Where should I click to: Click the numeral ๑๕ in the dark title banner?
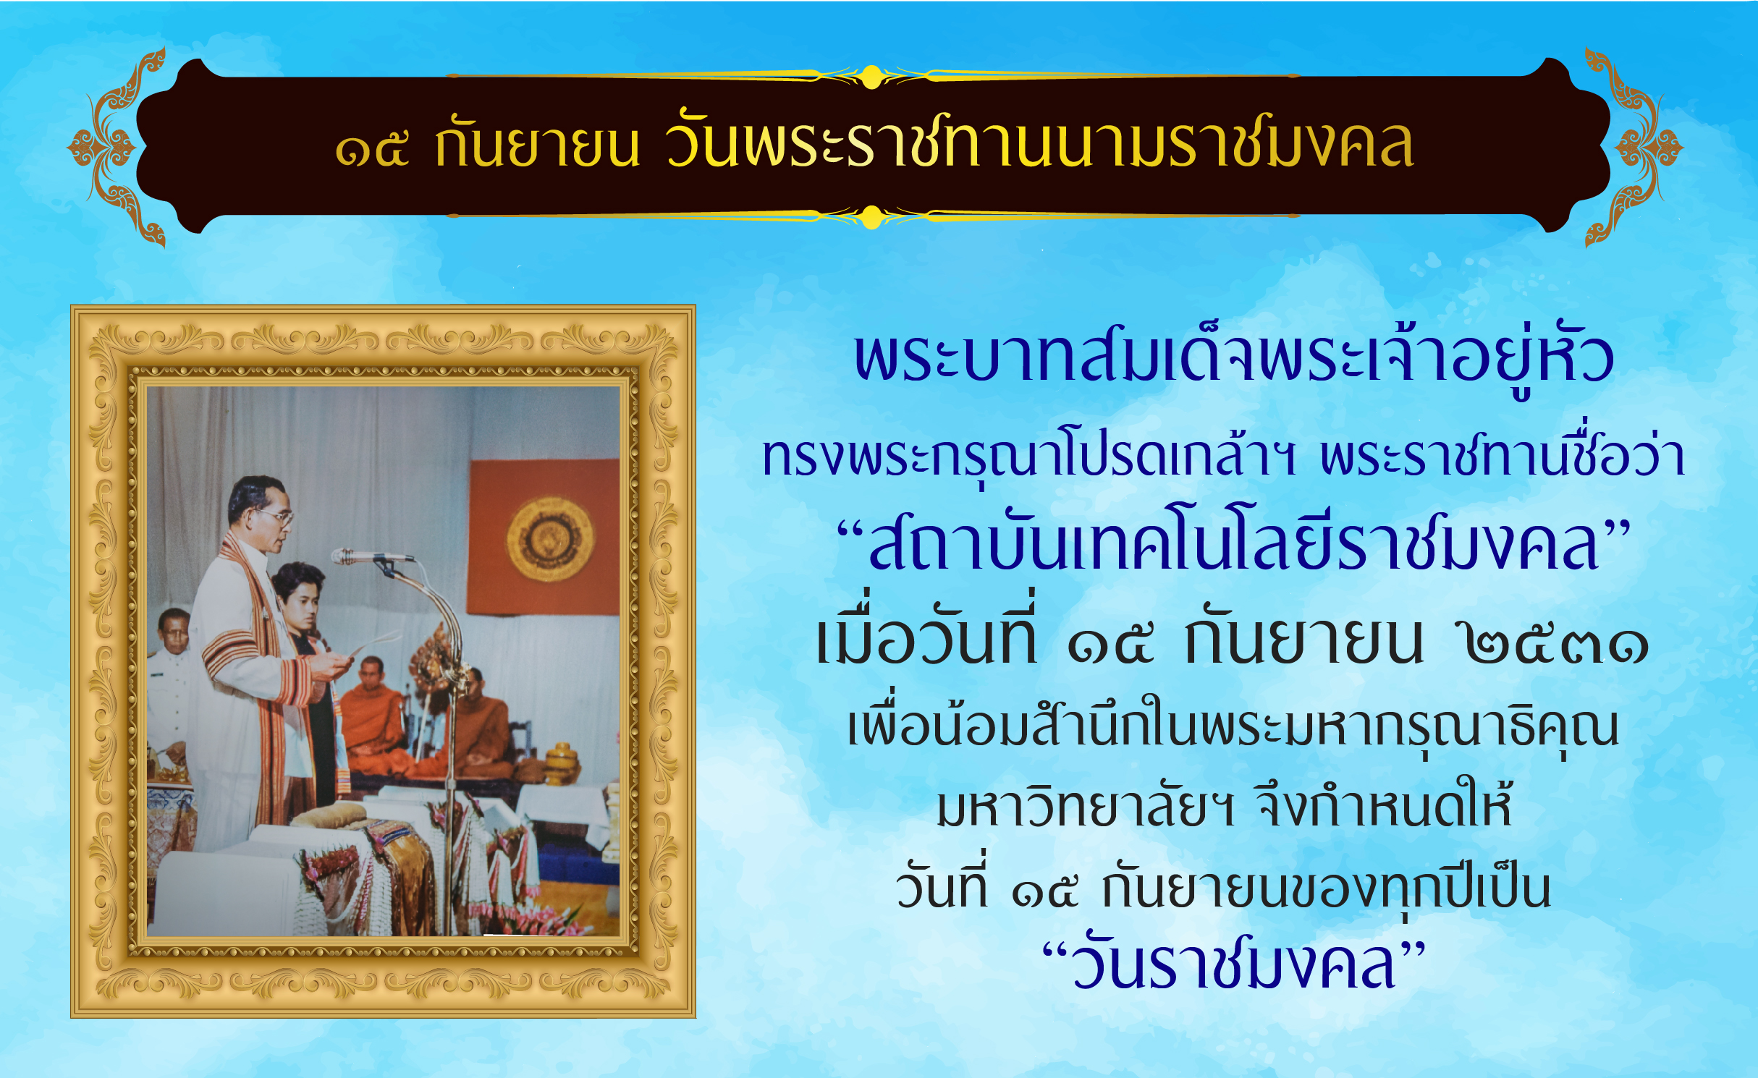click(x=372, y=149)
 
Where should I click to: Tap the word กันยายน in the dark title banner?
click(x=536, y=143)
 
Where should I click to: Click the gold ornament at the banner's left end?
click(x=116, y=148)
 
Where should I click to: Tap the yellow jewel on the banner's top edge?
click(x=871, y=77)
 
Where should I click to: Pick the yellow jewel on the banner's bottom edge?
click(x=871, y=217)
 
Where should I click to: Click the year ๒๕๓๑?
click(x=1556, y=644)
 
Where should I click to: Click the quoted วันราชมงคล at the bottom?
click(x=1233, y=965)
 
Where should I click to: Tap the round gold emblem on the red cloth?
click(x=550, y=539)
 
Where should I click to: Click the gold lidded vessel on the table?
click(x=562, y=764)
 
